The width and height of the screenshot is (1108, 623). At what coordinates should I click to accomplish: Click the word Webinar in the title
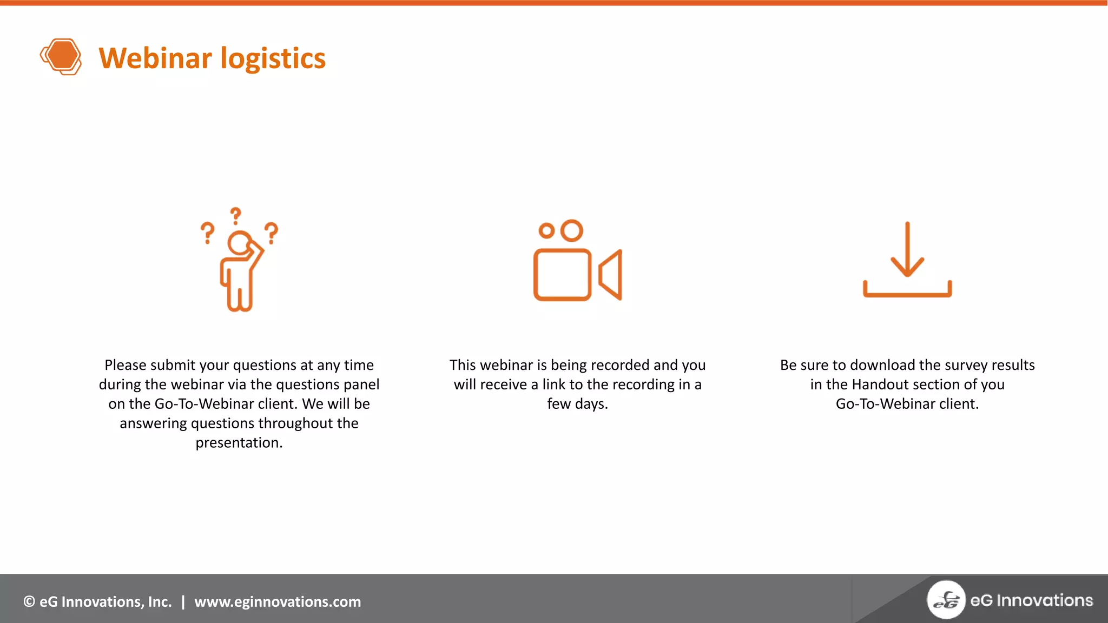pos(155,58)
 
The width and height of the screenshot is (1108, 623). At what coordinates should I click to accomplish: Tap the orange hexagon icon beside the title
pos(61,56)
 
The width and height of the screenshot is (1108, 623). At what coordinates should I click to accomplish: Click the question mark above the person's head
pos(235,216)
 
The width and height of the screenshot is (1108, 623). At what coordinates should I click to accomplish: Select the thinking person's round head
pos(239,242)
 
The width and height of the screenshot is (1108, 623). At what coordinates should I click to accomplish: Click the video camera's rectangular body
pos(562,275)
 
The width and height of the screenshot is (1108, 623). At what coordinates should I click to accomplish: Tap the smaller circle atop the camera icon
pos(546,231)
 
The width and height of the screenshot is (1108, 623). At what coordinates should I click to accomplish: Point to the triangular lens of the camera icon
pos(611,275)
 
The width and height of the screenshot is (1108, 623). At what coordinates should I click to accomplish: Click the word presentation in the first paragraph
pos(239,443)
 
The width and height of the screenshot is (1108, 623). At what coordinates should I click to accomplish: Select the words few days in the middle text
pos(577,404)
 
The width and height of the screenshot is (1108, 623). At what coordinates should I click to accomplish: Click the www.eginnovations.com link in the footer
pos(278,602)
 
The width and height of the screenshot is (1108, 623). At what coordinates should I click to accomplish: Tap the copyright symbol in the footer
pos(29,602)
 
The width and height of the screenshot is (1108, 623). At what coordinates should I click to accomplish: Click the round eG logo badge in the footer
pos(946,600)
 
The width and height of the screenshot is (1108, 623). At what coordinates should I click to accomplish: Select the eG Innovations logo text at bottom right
pos(1031,600)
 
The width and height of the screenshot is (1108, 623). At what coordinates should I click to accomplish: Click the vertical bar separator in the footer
pos(183,602)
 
